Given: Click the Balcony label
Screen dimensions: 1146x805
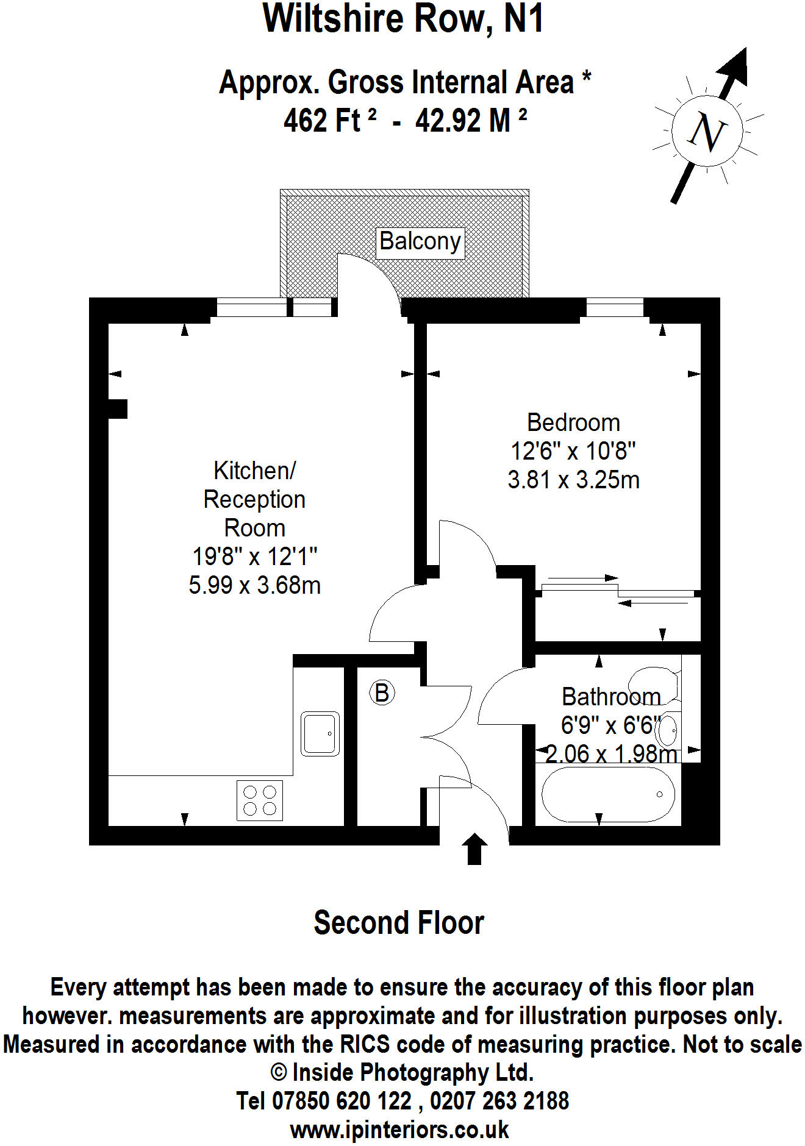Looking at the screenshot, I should pyautogui.click(x=420, y=241).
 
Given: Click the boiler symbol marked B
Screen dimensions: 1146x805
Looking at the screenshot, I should pyautogui.click(x=382, y=693).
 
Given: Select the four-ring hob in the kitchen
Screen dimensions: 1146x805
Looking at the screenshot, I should pyautogui.click(x=260, y=800).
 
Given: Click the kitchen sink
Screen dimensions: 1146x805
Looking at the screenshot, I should pyautogui.click(x=320, y=733).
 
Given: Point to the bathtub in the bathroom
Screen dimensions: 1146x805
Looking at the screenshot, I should pyautogui.click(x=607, y=794).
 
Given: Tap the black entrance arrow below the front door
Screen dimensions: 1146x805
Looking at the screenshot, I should pyautogui.click(x=474, y=848).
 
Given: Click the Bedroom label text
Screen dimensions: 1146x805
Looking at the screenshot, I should pyautogui.click(x=573, y=422).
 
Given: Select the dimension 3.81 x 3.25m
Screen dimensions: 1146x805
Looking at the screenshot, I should pyautogui.click(x=573, y=480).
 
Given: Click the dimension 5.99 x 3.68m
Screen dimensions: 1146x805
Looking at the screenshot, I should pyautogui.click(x=254, y=585).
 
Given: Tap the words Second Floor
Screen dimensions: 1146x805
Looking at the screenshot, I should pyautogui.click(x=399, y=922).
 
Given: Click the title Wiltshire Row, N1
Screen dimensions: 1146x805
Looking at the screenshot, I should pyautogui.click(x=402, y=18).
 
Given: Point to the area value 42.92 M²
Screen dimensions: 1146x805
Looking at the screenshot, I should pyautogui.click(x=471, y=120).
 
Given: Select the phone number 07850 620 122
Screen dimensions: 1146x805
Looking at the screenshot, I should pyautogui.click(x=324, y=1101).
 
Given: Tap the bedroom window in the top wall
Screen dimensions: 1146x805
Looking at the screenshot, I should pyautogui.click(x=615, y=307).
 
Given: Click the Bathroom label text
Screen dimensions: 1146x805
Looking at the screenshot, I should pyautogui.click(x=610, y=697).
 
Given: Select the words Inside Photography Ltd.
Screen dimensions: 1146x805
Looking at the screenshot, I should pyautogui.click(x=413, y=1072).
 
